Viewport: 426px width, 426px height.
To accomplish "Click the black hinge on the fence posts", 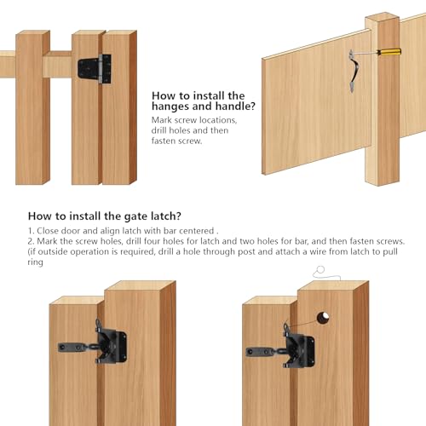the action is (95, 69).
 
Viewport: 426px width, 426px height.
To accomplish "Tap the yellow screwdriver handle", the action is (389, 52).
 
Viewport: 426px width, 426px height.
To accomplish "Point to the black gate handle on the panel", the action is (354, 71).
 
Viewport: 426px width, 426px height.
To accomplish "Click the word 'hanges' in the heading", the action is (170, 106).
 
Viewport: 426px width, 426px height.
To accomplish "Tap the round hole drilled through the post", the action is (323, 318).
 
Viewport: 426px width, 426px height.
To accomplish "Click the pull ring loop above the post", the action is (320, 269).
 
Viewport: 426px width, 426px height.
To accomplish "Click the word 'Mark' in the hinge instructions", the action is (162, 120).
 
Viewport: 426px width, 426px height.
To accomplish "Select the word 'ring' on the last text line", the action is (36, 262).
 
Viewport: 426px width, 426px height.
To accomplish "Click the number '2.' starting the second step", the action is (31, 241).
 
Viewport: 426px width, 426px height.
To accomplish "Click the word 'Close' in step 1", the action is (48, 231).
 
